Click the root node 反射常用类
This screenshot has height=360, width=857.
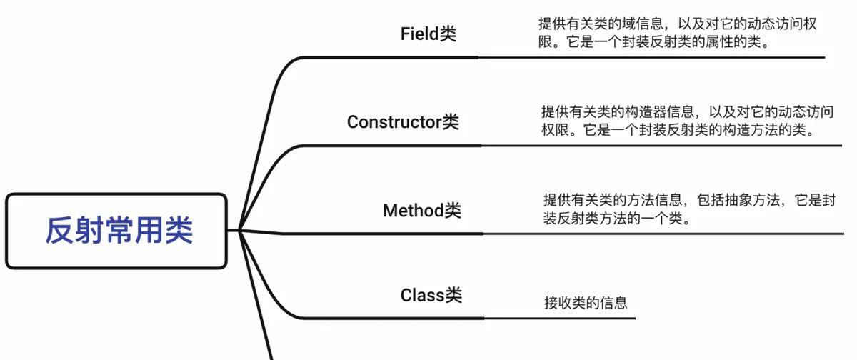pos(119,231)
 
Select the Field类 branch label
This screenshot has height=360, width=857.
pos(428,34)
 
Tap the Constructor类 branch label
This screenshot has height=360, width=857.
pos(403,122)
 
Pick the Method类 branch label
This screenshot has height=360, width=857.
pos(421,211)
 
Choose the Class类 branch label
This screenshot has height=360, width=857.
pos(431,295)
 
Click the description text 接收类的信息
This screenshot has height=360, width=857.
pos(586,303)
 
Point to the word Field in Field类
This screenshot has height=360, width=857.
pos(419,34)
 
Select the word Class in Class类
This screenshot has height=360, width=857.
pos(423,295)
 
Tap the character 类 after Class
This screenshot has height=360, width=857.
pos(454,295)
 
